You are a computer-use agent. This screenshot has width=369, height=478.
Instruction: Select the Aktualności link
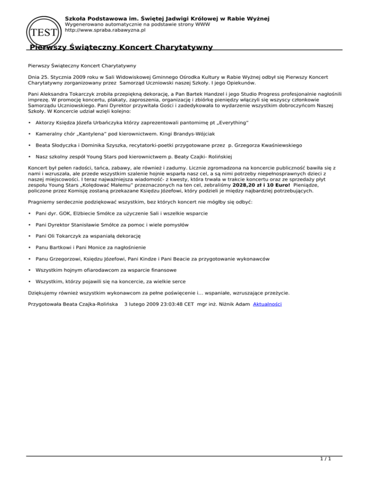pos(268,304)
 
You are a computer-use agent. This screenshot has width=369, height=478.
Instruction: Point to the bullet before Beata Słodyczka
pos(30,145)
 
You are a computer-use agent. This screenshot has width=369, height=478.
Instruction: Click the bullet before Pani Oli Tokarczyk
pos(30,236)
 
